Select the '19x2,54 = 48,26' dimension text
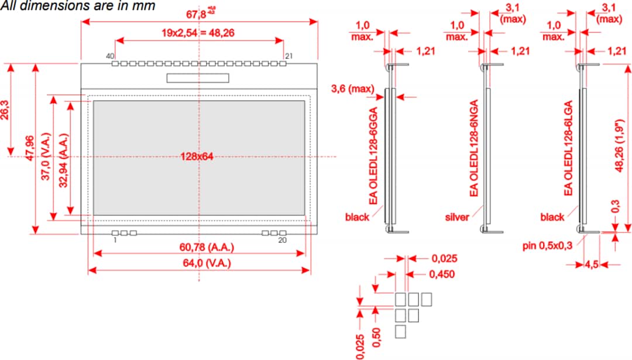[198, 33]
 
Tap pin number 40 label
[109, 56]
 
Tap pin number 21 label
[288, 56]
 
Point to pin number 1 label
[115, 240]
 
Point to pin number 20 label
[283, 240]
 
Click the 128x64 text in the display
[196, 156]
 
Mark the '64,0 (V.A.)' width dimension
[199, 263]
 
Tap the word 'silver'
[457, 217]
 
